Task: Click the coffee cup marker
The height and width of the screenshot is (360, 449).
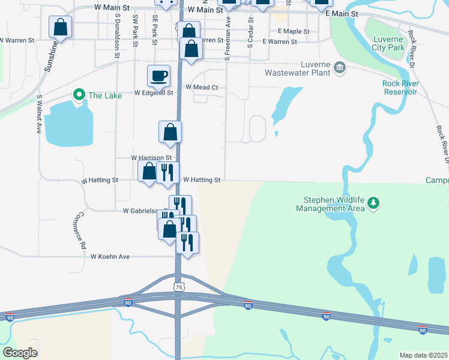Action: pyautogui.click(x=159, y=76)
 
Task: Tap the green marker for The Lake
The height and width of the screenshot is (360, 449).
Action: pyautogui.click(x=78, y=95)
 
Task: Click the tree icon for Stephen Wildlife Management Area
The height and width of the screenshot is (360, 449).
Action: pyautogui.click(x=373, y=203)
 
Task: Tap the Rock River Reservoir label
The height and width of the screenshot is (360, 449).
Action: pyautogui.click(x=399, y=88)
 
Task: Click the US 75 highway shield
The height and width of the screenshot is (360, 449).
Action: pyautogui.click(x=178, y=287)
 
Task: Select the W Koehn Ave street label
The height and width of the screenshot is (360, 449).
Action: pyautogui.click(x=110, y=256)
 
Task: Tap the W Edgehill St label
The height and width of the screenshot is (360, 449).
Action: pyautogui.click(x=153, y=93)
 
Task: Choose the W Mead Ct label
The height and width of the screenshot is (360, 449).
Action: pyautogui.click(x=201, y=87)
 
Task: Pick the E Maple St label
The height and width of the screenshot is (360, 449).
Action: pyautogui.click(x=294, y=31)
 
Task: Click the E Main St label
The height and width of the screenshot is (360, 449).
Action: pyautogui.click(x=340, y=13)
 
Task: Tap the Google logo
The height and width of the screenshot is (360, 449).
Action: pyautogui.click(x=20, y=353)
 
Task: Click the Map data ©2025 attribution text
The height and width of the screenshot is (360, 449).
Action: pyautogui.click(x=424, y=355)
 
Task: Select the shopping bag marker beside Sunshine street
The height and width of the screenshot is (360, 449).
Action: pyautogui.click(x=60, y=27)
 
